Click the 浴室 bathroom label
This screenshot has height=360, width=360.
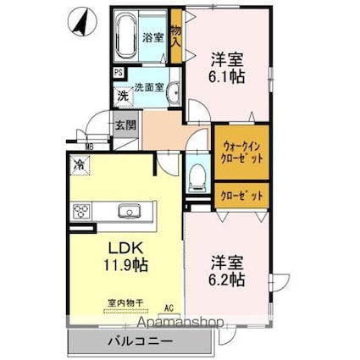[x=152, y=37]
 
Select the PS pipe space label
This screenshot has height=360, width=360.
[x=118, y=74]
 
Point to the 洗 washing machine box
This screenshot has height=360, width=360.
[x=122, y=94]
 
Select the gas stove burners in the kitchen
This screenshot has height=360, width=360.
[x=83, y=212]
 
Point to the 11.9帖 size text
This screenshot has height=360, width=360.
[x=125, y=265]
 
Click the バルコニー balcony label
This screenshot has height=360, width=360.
[x=139, y=342]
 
